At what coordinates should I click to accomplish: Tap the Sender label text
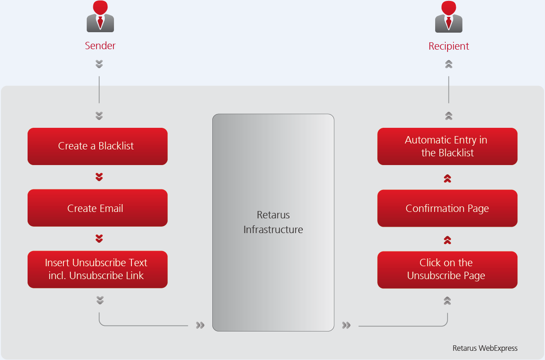pos(100,46)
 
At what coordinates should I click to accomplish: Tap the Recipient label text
pos(448,46)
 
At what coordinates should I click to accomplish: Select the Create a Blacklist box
pos(97,146)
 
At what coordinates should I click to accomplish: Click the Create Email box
pos(97,208)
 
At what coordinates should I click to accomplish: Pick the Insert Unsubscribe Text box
pos(97,269)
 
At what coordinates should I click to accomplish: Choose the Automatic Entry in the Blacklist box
pos(447,146)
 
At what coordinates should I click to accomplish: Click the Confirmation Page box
pos(447,208)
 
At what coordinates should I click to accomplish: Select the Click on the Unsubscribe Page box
pos(447,269)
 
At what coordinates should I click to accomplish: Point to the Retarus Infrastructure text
pos(273,223)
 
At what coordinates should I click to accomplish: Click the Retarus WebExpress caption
pos(485,348)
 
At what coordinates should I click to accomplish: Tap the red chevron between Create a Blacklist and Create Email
pos(99,177)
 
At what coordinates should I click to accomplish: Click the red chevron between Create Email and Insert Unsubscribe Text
pos(99,239)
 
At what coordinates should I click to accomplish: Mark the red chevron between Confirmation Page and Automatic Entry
pos(448,178)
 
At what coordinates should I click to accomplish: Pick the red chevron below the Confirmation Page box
pos(448,240)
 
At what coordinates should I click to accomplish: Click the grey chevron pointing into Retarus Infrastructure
pos(200,326)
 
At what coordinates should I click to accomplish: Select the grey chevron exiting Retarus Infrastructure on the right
pos(346,326)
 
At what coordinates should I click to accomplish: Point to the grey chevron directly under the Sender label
pos(99,64)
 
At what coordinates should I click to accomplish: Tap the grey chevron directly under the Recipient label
pos(449,64)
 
